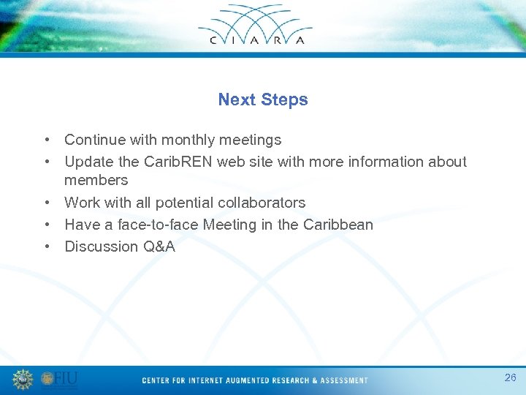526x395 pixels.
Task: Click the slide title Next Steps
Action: pos(263,99)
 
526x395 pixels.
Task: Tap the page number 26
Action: pos(510,377)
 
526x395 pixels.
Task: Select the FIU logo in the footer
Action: pos(59,379)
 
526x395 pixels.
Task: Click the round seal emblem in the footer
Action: pos(23,379)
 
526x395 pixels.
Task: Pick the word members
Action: pos(96,180)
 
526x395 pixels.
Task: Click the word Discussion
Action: pos(100,247)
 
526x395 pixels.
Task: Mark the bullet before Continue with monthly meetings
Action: pos(47,140)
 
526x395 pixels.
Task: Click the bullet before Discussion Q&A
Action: pos(47,247)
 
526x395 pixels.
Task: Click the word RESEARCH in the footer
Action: pos(290,380)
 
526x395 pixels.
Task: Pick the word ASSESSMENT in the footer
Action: pos(343,380)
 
